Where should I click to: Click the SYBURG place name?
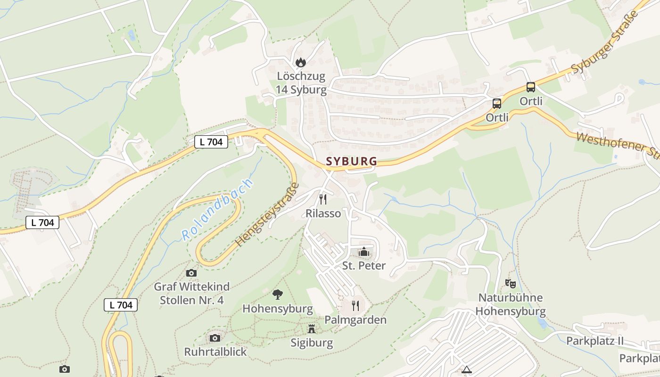[x=351, y=161]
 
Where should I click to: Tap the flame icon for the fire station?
[x=300, y=62]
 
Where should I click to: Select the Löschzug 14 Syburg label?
[x=301, y=83]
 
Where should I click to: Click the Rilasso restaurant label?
[x=323, y=213]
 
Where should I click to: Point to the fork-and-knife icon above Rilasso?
[x=323, y=199]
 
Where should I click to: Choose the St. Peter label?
[x=363, y=265]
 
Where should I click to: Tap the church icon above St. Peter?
[x=363, y=252]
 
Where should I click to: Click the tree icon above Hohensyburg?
[x=278, y=295]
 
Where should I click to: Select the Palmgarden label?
[x=355, y=320]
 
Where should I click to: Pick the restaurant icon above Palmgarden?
[x=355, y=306]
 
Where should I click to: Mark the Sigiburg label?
[x=312, y=343]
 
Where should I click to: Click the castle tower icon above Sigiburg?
[x=312, y=329]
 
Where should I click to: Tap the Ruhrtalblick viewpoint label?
[x=215, y=352]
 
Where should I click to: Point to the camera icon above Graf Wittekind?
[x=191, y=273]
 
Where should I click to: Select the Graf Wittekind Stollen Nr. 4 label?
[x=192, y=293]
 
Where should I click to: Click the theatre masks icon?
[x=510, y=284]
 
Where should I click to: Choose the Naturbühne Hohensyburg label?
[x=510, y=304]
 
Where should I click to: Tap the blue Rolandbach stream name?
[x=217, y=210]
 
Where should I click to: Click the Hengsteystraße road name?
[x=267, y=214]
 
